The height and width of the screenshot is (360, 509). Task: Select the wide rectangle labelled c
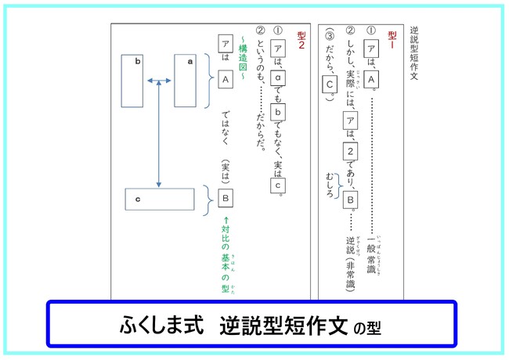pyautogui.click(x=159, y=200)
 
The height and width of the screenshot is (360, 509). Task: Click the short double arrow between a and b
pyautogui.click(x=159, y=79)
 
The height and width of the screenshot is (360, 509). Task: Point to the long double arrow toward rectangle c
pyautogui.click(x=159, y=133)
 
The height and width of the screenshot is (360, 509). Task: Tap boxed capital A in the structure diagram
pyautogui.click(x=226, y=79)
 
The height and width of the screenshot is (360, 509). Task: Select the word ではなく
pyautogui.click(x=226, y=124)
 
